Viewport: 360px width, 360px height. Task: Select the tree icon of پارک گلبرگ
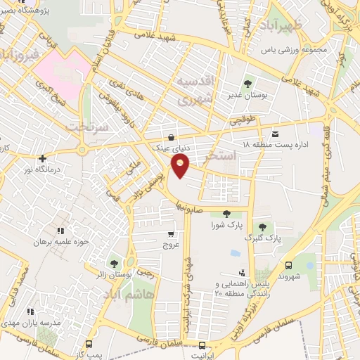coord(262,226)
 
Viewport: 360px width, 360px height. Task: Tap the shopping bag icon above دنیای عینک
coord(171,138)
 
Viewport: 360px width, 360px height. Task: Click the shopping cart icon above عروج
coord(171,235)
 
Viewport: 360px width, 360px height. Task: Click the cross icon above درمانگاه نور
coord(43,158)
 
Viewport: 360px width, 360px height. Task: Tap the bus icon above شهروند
coord(289,265)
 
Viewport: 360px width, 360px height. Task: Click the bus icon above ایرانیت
coord(202,346)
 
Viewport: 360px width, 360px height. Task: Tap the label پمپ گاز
coord(89,355)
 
